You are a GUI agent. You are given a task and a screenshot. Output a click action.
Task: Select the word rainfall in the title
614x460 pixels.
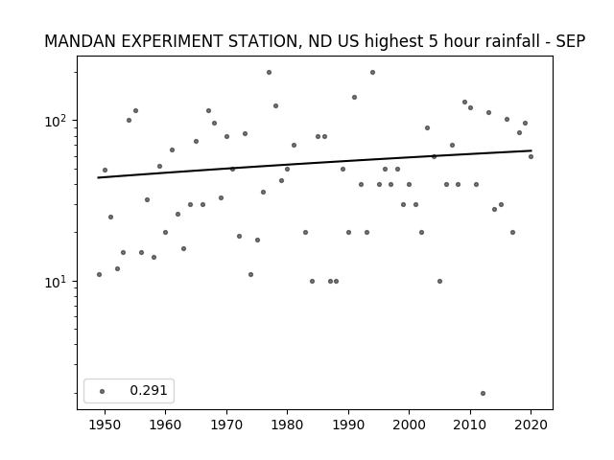coord(517,41)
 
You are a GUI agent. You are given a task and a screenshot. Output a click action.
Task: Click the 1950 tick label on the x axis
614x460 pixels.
coord(105,425)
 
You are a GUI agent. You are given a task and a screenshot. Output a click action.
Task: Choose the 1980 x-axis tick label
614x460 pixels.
coord(287,425)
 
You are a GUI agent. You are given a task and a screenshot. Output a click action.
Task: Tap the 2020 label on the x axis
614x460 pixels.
coord(531,425)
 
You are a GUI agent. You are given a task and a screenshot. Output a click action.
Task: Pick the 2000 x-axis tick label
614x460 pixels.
coord(409,425)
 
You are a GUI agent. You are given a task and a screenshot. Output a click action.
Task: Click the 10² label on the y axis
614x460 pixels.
coord(59,121)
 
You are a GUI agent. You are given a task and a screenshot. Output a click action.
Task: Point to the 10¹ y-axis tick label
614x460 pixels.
coord(59,282)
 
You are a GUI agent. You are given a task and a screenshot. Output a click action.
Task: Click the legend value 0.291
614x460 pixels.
coord(149,390)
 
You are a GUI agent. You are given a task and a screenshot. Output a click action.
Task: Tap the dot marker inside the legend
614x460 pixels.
coord(103,391)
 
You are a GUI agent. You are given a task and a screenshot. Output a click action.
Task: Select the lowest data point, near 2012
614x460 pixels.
coord(483,394)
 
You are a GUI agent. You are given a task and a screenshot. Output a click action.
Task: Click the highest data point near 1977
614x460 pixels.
coord(269,73)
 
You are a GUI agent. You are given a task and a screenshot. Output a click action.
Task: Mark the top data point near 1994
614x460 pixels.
coord(373,73)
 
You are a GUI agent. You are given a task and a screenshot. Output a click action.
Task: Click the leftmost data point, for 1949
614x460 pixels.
coord(99,275)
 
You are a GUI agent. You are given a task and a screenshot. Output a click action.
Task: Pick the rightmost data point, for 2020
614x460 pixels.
coord(531,157)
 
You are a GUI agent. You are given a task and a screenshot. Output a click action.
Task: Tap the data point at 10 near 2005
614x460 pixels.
coord(439,281)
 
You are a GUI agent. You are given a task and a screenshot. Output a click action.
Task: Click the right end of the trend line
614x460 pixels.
coord(531,150)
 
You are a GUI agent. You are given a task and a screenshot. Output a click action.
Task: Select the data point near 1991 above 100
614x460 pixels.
coord(354,98)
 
